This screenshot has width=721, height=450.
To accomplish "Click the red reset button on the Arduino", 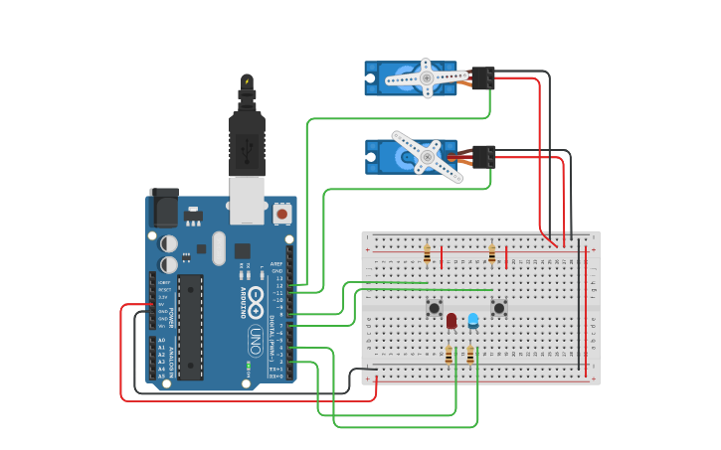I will (282, 214).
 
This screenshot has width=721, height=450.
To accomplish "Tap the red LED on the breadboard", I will (451, 321).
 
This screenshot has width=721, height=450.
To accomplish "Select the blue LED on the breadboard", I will (473, 320).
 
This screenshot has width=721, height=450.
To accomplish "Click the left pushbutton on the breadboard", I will (435, 308).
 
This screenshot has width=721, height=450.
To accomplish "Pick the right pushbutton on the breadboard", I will (499, 308).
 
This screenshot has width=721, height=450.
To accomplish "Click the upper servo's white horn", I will (427, 77).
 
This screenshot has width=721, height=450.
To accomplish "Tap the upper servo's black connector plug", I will (483, 77).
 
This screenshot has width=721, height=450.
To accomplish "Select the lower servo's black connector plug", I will (484, 156).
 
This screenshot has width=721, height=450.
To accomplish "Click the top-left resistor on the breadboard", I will (428, 255).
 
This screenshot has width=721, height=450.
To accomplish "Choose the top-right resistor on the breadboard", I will (491, 255).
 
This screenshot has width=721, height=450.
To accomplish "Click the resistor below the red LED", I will (449, 355).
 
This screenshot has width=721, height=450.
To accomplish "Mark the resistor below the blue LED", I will (470, 355).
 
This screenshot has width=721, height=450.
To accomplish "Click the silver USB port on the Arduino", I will (247, 200).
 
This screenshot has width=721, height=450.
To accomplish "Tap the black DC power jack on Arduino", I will (163, 210).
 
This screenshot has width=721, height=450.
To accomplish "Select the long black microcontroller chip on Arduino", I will (191, 327).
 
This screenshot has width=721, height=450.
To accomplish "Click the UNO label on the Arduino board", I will (255, 335).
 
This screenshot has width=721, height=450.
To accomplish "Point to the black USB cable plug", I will (247, 144).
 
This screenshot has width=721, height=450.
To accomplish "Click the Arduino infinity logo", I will (256, 297).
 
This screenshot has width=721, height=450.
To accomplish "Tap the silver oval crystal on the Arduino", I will (217, 248).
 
